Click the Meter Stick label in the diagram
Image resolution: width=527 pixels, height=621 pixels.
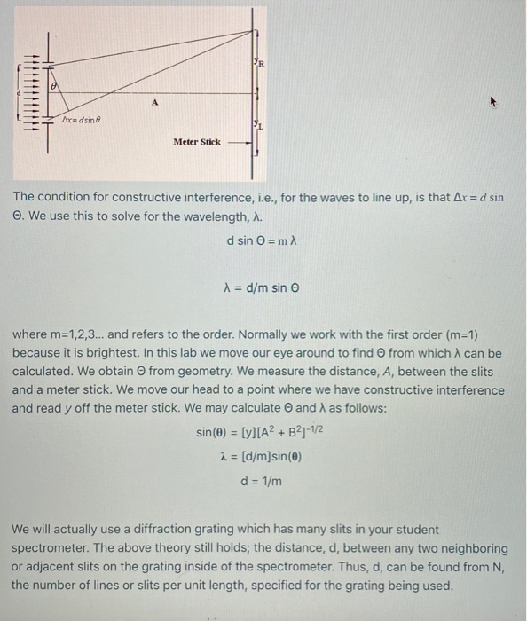point(197,141)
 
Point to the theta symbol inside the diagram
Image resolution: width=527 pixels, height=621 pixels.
point(54,87)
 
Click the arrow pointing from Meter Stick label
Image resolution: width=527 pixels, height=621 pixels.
point(237,141)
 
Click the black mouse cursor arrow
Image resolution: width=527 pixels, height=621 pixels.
point(496,102)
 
